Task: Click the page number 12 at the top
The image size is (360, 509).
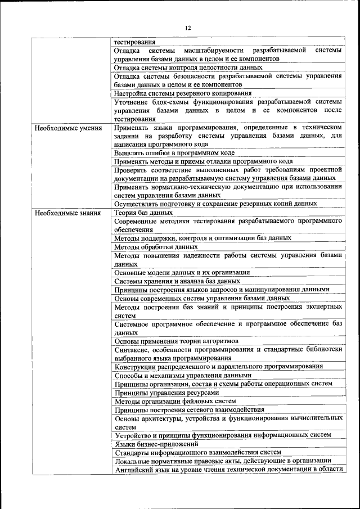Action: pyautogui.click(x=188, y=28)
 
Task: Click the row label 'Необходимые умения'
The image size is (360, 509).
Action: pyautogui.click(x=68, y=128)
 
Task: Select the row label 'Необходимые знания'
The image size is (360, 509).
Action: pyautogui.click(x=67, y=213)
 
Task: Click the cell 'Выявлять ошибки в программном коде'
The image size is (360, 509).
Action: pyautogui.click(x=174, y=152)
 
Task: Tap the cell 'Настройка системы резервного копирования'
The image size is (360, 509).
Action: pyautogui.click(x=182, y=93)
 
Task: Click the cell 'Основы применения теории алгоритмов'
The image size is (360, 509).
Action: pyautogui.click(x=176, y=341)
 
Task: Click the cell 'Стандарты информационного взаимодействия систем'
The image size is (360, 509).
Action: pyautogui.click(x=197, y=452)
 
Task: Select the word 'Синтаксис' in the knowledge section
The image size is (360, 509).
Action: pyautogui.click(x=132, y=349)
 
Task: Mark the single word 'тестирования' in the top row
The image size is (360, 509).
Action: pyautogui.click(x=135, y=42)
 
